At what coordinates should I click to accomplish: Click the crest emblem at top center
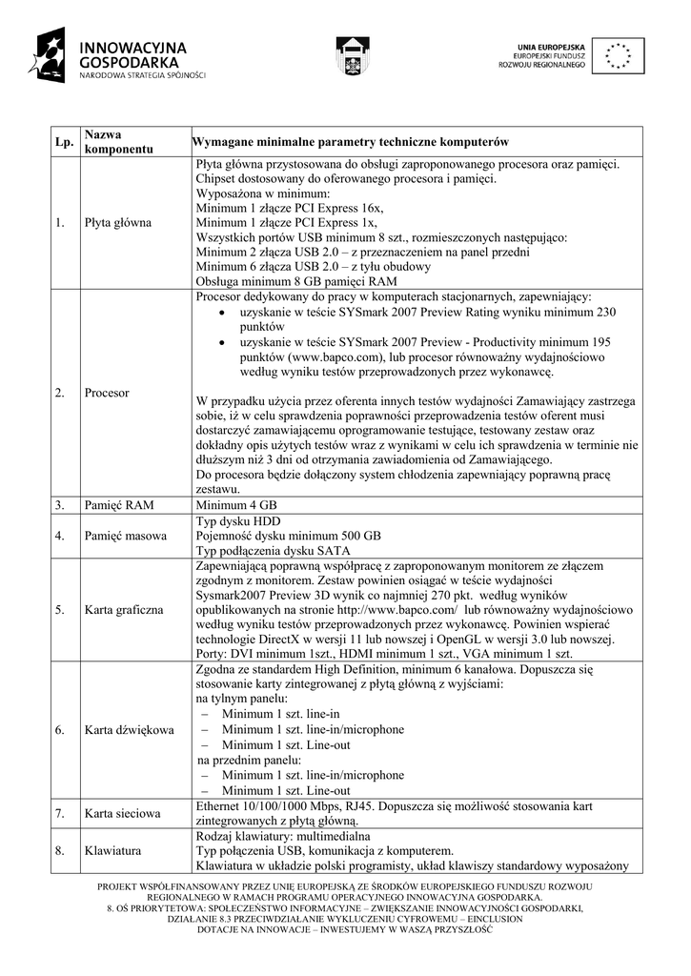350,55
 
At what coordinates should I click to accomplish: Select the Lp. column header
64,142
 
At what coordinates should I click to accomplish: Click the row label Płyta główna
117,222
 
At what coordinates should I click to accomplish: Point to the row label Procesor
106,392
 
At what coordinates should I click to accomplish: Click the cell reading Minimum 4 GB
236,505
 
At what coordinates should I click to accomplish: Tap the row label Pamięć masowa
125,536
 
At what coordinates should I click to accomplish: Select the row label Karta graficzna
124,607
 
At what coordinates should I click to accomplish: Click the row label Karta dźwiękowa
129,730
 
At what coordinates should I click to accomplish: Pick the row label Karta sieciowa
122,813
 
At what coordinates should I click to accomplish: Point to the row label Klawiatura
112,850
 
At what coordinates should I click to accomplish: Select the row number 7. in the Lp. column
59,813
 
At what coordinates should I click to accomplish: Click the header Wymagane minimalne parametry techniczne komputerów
350,142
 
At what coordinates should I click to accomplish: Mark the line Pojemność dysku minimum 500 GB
288,536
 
